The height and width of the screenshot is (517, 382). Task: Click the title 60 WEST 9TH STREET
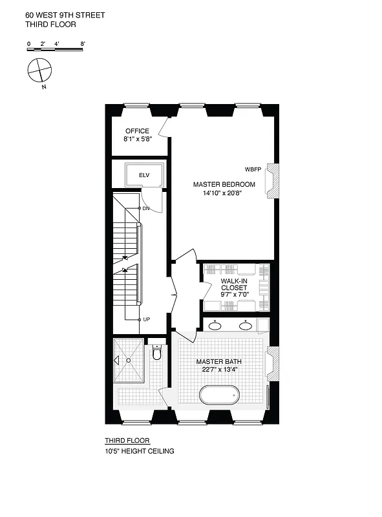(x=56, y=14)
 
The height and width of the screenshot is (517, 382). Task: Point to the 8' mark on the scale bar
(x=83, y=44)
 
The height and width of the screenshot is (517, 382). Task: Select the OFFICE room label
(x=137, y=131)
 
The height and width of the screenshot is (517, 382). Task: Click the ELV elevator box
(x=144, y=174)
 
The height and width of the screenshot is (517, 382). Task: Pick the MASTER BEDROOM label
(x=224, y=184)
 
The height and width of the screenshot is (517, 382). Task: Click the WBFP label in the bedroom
(x=253, y=169)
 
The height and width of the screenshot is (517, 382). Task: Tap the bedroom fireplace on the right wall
(x=273, y=180)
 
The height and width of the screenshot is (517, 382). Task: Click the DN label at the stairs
(x=146, y=209)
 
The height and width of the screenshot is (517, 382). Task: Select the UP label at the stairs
(x=146, y=319)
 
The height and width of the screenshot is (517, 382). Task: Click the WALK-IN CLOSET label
(x=233, y=286)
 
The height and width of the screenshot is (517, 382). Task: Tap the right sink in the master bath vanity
(x=246, y=326)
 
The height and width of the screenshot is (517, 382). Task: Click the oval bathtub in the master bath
(x=219, y=394)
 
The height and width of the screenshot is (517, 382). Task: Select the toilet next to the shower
(x=156, y=353)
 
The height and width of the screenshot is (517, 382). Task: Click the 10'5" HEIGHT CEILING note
(x=140, y=451)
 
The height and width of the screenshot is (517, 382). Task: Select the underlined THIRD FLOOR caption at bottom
(x=127, y=441)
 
